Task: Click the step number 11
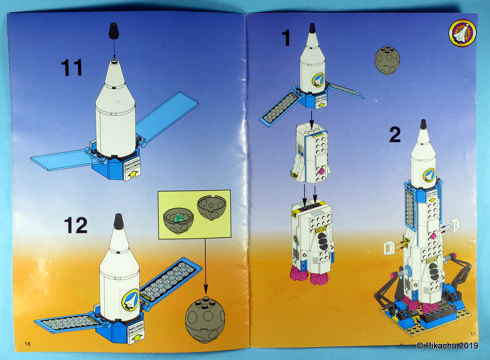tap(72, 67)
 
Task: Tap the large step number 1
tap(286, 39)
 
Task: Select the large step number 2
tap(395, 135)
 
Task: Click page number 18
tap(27, 344)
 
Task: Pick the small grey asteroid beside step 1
tap(385, 60)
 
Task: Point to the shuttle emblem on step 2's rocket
tap(428, 175)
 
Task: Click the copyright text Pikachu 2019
tap(447, 345)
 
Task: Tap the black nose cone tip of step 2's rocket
tap(423, 125)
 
